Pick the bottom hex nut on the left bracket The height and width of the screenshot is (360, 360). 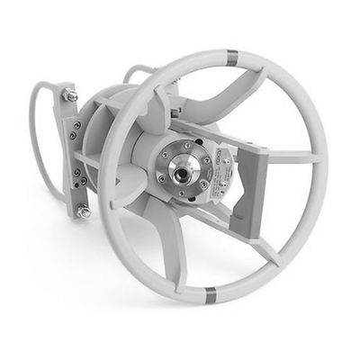coord(84,212)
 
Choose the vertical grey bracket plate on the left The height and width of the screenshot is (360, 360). coord(72,153)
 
